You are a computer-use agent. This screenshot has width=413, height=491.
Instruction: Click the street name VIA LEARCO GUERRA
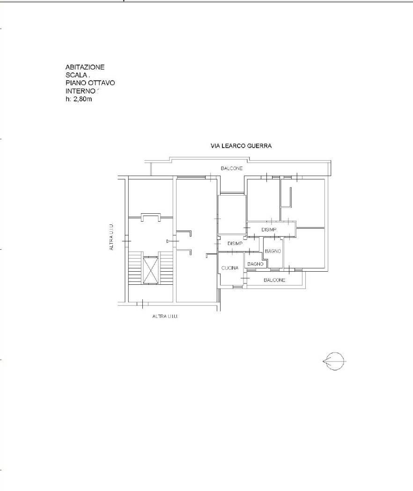tap(241, 145)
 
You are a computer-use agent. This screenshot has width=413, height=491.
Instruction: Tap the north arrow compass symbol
tap(334, 361)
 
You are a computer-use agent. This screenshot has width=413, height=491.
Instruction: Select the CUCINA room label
tap(230, 268)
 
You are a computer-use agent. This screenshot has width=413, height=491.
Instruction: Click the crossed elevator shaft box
tap(150, 270)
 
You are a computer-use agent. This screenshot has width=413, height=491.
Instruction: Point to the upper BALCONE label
tap(232, 168)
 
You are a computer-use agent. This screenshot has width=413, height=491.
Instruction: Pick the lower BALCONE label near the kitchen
tap(274, 280)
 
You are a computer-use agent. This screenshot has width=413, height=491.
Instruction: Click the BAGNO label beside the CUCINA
tap(255, 264)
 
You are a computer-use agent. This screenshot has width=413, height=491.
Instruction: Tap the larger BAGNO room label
tap(273, 251)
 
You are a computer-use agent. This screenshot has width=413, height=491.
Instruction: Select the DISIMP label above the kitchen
tap(235, 243)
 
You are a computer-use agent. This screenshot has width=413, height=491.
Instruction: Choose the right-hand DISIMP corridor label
tap(269, 230)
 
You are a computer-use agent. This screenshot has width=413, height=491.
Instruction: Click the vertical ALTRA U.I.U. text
tap(111, 237)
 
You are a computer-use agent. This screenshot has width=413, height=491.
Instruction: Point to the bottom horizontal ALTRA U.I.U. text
tap(165, 316)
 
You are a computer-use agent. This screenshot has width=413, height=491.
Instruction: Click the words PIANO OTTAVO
tap(90, 83)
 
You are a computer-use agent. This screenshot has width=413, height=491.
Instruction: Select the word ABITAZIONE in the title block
tap(85, 67)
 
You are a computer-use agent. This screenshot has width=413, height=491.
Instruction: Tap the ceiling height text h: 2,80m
tap(79, 99)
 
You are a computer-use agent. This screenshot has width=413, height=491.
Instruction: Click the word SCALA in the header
tap(76, 75)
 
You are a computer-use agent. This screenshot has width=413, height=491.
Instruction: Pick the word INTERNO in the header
tap(80, 91)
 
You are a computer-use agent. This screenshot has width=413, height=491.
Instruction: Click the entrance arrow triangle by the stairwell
tap(169, 241)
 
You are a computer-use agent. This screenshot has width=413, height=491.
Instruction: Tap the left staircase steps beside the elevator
tap(135, 268)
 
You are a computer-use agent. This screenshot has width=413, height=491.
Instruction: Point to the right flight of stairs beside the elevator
tap(166, 268)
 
